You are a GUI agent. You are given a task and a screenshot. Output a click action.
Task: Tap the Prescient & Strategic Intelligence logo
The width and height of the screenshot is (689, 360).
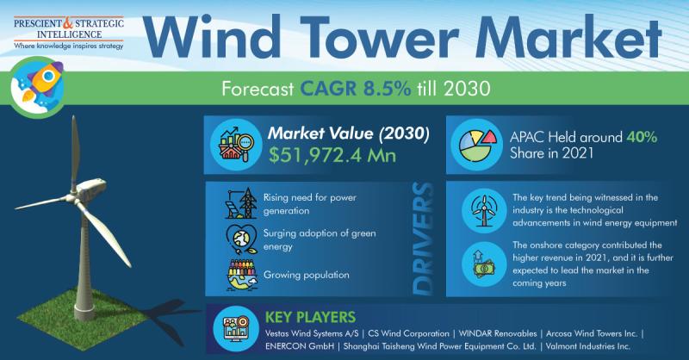[69, 33]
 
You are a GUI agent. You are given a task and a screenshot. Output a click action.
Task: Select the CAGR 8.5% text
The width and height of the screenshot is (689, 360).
[356, 89]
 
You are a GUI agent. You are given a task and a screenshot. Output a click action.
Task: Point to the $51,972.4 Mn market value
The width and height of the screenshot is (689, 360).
[332, 155]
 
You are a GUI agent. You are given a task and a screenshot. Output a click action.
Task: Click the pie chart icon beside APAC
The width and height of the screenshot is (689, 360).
[477, 145]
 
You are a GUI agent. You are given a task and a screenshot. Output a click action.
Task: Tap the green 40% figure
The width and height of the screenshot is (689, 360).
[642, 137]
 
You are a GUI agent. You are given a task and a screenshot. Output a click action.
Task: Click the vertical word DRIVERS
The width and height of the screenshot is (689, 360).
[423, 239]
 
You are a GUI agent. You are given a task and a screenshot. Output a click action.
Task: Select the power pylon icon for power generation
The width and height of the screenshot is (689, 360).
[241, 203]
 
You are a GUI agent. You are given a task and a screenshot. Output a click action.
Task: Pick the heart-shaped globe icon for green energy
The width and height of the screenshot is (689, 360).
[241, 239]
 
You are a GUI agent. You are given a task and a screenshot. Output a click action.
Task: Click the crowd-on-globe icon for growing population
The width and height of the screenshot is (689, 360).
[242, 275]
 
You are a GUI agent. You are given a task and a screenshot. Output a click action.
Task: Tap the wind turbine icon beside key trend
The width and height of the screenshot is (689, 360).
[484, 210]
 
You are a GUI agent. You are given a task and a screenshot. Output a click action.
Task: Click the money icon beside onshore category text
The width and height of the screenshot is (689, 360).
[483, 264]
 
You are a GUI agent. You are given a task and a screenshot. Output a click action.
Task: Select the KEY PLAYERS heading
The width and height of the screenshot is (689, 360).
[310, 317]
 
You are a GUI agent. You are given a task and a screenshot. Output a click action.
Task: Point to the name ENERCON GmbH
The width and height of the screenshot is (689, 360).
[300, 346]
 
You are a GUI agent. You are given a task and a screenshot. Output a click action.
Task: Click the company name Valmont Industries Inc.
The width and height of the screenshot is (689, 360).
[588, 346]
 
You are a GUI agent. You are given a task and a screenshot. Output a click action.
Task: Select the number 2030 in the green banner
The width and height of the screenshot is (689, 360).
[467, 89]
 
